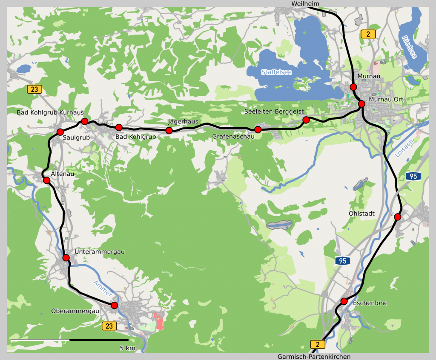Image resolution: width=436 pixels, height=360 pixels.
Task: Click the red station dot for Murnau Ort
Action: pos(361,104)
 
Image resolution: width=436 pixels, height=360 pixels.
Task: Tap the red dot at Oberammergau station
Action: pos(114,305)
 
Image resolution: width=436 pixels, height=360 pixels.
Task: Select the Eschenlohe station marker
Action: pos(344,302)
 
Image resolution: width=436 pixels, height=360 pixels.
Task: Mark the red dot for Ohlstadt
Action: pos(397,217)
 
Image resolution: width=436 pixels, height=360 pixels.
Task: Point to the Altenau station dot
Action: pos(47,180)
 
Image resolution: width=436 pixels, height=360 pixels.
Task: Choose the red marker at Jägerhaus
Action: pos(169,130)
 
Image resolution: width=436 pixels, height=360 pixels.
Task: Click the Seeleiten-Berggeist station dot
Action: pos(306,120)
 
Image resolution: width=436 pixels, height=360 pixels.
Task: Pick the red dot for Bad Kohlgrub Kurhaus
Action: pos(84,121)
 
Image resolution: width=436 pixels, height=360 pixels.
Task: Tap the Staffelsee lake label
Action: pos(276,72)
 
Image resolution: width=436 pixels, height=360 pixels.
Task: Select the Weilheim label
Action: pos(305,3)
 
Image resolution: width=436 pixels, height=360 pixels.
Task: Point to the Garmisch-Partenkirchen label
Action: pos(314,357)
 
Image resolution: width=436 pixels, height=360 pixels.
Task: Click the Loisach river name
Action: pos(404,149)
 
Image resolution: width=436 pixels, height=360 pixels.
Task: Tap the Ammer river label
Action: pos(103,289)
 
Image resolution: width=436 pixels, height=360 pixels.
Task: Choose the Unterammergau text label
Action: pos(99,252)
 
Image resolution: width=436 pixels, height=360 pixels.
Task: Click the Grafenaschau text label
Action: pos(233,137)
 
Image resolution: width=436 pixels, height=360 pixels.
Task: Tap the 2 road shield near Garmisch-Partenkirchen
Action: pos(317,344)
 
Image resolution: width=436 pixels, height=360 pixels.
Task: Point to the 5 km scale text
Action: pos(127,348)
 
